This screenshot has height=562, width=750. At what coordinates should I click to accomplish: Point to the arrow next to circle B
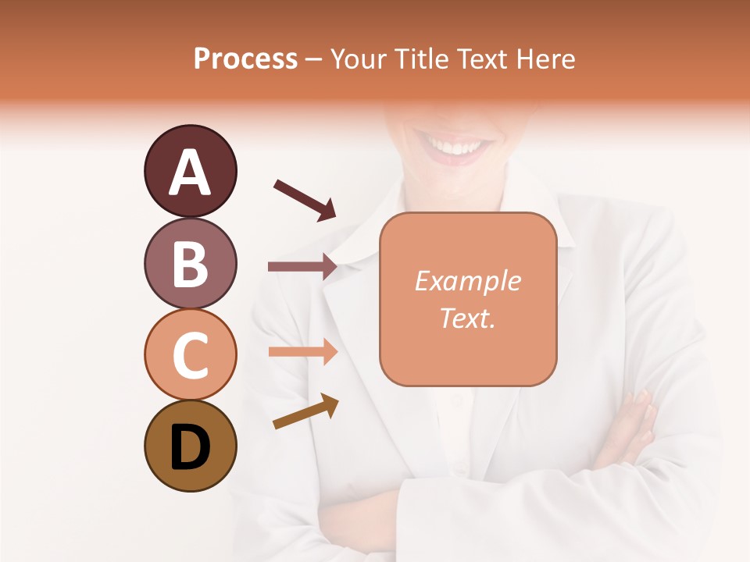(x=302, y=266)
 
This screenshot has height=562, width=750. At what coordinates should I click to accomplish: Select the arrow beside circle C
(x=302, y=351)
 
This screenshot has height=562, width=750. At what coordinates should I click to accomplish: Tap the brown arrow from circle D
(x=305, y=411)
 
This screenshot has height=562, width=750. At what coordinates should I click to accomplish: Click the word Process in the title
(x=245, y=59)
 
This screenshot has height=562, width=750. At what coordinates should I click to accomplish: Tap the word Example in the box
(x=467, y=281)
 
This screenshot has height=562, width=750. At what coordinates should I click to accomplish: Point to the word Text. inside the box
(x=467, y=318)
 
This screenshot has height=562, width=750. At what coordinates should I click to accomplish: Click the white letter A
(x=190, y=172)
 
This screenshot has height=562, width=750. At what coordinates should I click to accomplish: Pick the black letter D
(x=190, y=447)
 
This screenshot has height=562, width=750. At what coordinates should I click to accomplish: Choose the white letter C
(x=190, y=355)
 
